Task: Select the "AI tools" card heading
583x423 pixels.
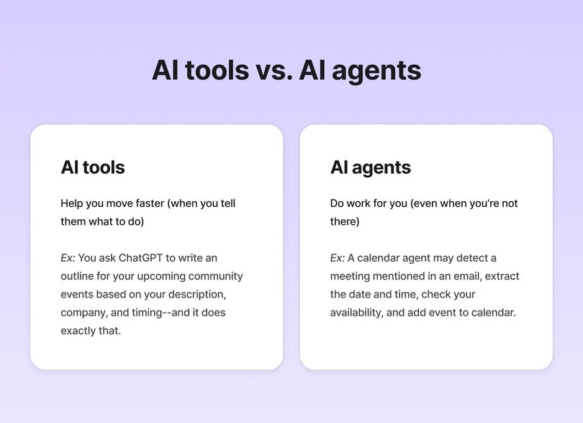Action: click(93, 167)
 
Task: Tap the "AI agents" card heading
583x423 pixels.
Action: click(371, 167)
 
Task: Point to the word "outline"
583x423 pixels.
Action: click(79, 276)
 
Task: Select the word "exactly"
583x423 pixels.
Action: click(79, 331)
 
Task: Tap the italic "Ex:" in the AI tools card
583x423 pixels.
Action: click(68, 258)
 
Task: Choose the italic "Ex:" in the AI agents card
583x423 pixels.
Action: click(337, 258)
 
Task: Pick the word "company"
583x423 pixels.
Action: click(84, 313)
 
